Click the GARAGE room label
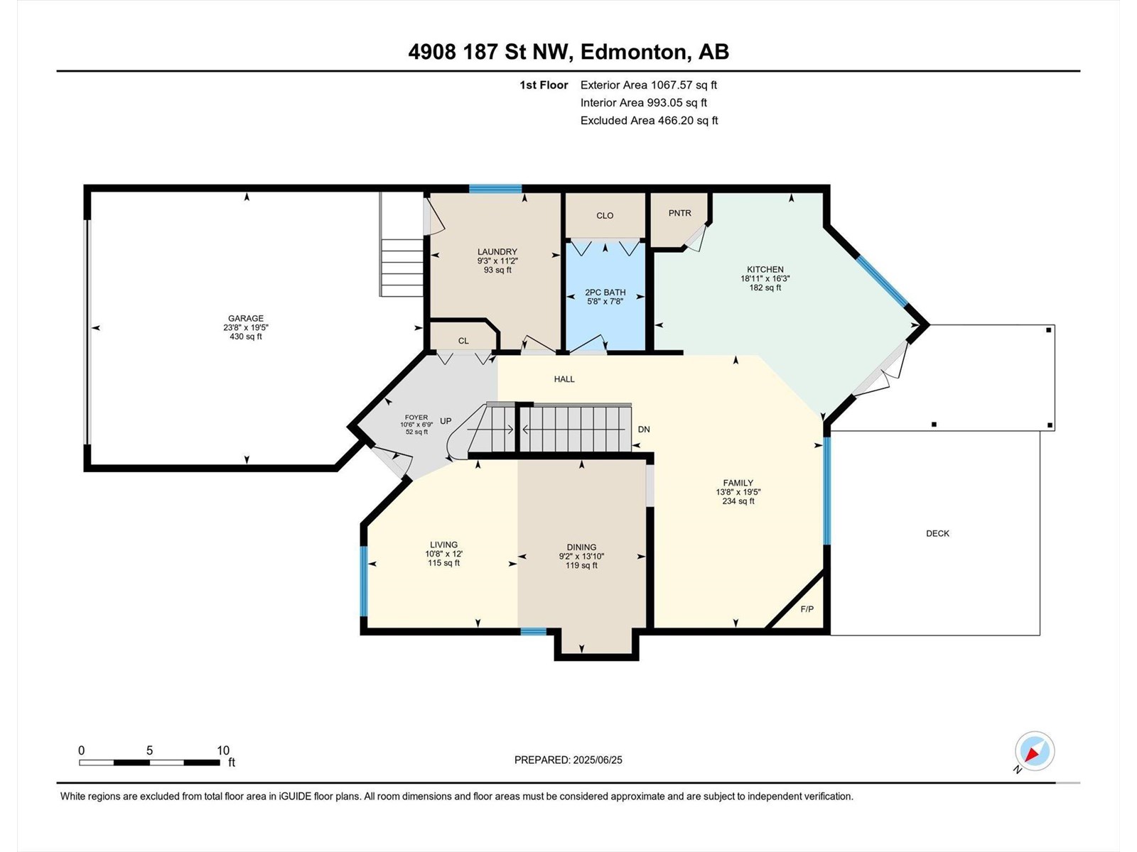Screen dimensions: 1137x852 [x=246, y=319]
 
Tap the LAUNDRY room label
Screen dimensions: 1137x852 [x=497, y=252]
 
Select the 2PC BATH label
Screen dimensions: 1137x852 [x=605, y=293]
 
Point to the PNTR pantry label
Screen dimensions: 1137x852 [x=679, y=213]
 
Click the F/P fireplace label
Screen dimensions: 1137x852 [x=807, y=609]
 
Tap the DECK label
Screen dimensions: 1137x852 [x=937, y=533]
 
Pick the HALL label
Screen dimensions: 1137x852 [x=564, y=379]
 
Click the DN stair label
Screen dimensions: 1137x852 [x=644, y=430]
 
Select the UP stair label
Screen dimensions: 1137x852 [x=446, y=421]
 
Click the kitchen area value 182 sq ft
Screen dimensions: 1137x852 [x=765, y=288]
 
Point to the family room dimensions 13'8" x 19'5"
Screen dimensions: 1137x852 [x=738, y=492]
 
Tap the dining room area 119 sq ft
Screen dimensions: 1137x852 [x=581, y=565]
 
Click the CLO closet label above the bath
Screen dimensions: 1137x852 [x=605, y=216]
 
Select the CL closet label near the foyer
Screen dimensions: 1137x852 [x=463, y=341]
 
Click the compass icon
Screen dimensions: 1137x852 [x=1035, y=750]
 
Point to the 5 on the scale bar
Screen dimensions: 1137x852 [x=149, y=750]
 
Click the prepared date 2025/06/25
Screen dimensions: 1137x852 [x=597, y=760]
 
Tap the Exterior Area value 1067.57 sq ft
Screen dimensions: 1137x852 [x=684, y=84]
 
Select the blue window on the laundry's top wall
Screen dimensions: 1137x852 [x=495, y=188]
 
